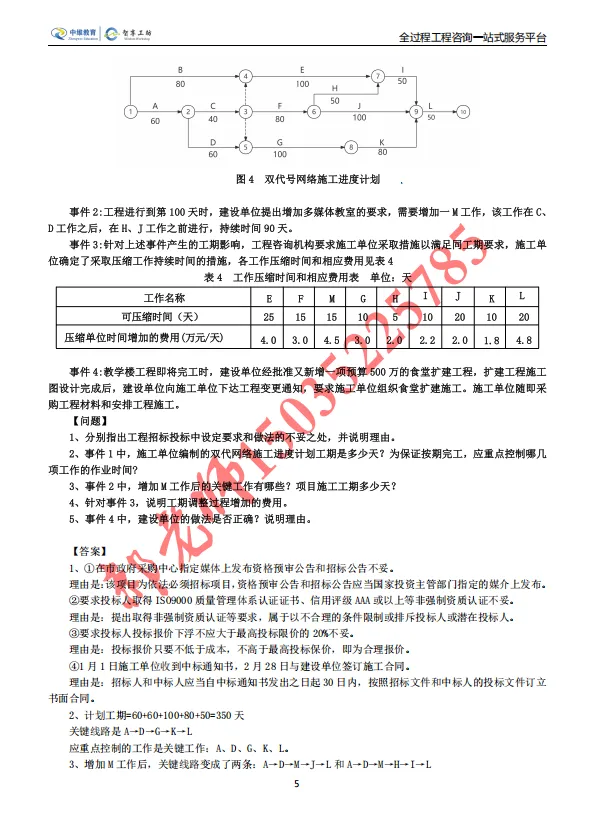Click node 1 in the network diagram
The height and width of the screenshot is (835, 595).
coord(130,111)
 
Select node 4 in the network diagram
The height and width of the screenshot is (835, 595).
coord(245,76)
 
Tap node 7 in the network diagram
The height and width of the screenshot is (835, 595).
coord(377,76)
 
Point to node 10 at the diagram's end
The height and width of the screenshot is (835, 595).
coord(462,111)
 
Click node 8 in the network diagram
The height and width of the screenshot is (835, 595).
coord(351,147)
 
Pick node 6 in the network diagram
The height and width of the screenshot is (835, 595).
coord(314,111)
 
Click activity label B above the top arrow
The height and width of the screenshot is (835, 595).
coord(180,70)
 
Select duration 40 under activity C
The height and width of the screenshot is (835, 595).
coord(212,120)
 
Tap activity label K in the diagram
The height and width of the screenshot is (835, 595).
coord(382,141)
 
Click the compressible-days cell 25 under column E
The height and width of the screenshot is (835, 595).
coord(268,317)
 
